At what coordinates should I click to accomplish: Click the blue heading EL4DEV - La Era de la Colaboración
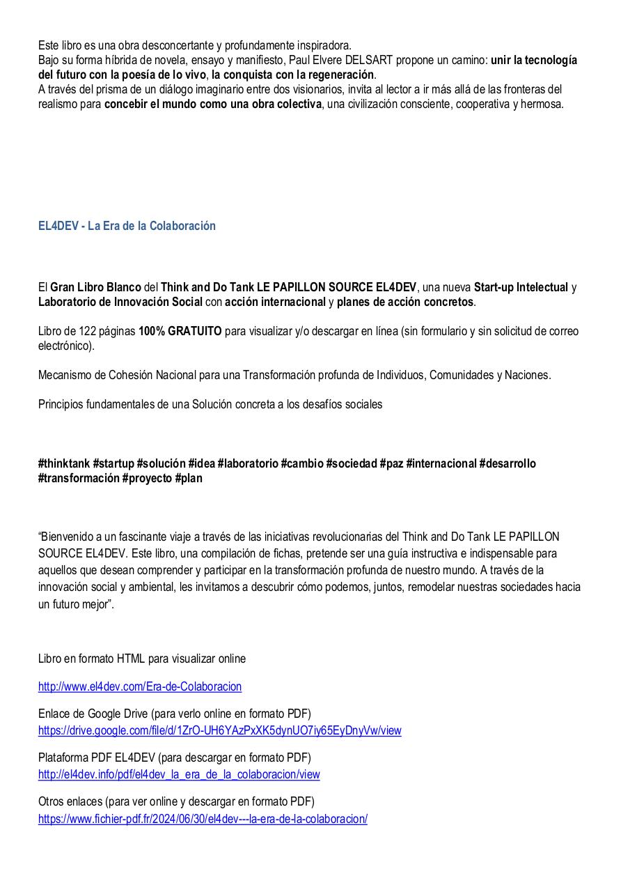tap(127, 226)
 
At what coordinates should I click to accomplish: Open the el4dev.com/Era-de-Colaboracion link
tap(140, 686)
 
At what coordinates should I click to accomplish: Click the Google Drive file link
tap(219, 730)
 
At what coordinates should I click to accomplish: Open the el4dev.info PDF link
tap(179, 774)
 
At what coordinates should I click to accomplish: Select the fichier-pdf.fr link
tap(203, 819)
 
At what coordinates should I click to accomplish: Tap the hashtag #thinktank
tap(64, 463)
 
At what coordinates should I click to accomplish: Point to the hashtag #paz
tap(391, 463)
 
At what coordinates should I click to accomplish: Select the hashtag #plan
tap(189, 479)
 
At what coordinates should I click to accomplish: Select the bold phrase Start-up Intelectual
tap(521, 287)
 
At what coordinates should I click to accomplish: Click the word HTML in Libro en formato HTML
tap(131, 659)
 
